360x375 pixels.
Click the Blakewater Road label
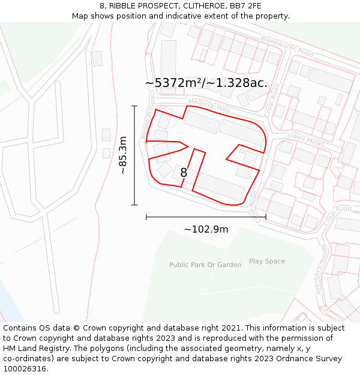click(287, 46)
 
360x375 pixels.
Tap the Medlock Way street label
click(209, 105)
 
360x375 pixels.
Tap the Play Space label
click(267, 262)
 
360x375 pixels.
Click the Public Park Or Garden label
click(205, 265)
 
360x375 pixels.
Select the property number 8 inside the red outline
click(184, 173)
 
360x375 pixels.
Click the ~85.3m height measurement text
click(123, 155)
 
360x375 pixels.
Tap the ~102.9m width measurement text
click(206, 229)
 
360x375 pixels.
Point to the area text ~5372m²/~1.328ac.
click(206, 83)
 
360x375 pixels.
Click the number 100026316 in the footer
click(25, 369)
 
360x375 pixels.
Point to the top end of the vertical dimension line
click(134, 106)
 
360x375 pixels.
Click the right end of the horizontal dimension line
click(266, 217)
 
